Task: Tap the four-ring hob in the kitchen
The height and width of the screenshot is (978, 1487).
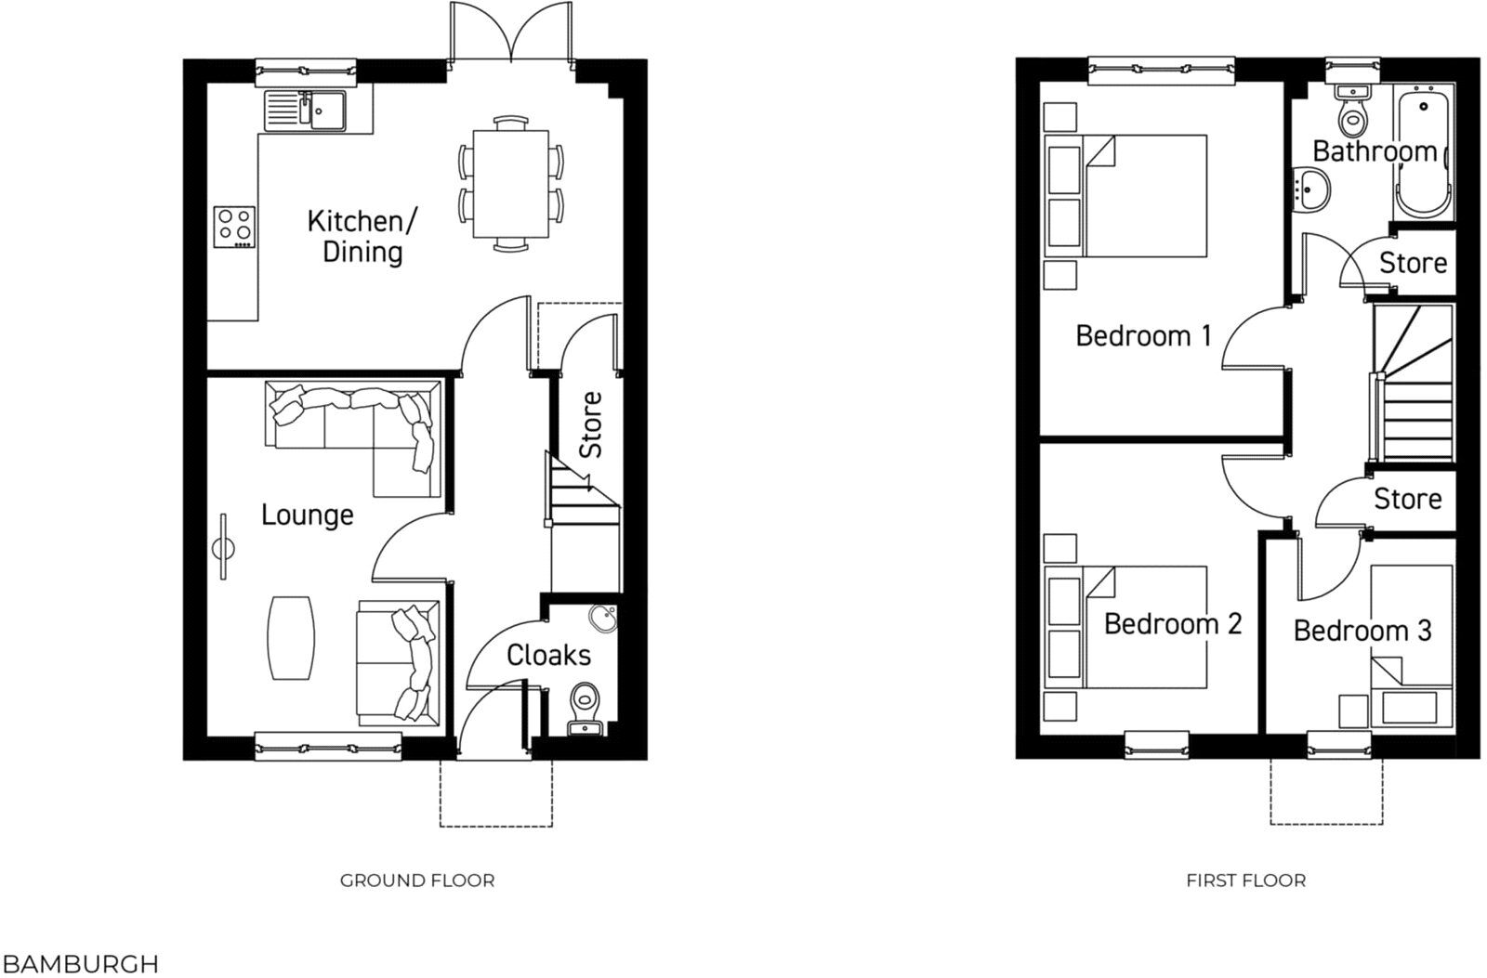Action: pos(234,227)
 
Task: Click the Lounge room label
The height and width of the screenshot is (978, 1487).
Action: pos(307,515)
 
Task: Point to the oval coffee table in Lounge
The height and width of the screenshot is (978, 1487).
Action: pos(291,638)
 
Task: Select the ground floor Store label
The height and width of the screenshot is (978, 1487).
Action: pos(591,424)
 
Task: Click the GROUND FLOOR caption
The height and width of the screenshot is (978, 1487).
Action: pos(417,880)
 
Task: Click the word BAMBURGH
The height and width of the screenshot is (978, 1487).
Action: pos(80,964)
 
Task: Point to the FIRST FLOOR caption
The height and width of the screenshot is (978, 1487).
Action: pos(1245,880)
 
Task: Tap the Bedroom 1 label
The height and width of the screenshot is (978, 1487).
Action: pos(1143,335)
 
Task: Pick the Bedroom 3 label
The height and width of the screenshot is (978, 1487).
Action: pos(1362,632)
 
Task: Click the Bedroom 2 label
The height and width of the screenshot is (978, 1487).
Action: pos(1173,623)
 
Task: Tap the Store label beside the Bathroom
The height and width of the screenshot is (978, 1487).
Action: pos(1413,264)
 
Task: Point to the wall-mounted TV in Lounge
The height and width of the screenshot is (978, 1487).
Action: pos(223,548)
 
